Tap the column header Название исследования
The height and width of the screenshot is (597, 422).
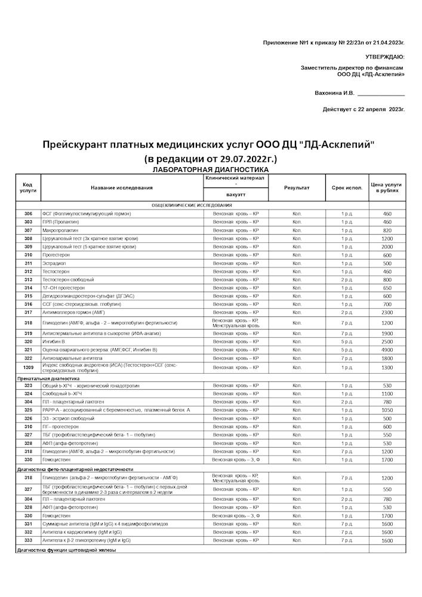122,187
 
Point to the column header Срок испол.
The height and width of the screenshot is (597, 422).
347,187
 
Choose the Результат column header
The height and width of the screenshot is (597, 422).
297,187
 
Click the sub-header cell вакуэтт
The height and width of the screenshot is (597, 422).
235,195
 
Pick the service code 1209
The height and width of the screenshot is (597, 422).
28,368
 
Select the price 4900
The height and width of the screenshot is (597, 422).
387,350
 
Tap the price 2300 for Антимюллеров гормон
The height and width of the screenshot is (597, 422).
387,312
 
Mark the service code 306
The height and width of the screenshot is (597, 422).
28,214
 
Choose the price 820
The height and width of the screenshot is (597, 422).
387,230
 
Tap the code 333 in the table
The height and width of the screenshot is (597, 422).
28,540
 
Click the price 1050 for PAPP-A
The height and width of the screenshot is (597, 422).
387,411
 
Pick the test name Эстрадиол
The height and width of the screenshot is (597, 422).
54,263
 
